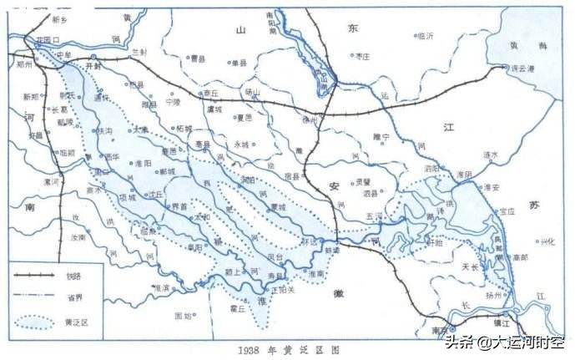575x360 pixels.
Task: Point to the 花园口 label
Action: (x=48, y=39)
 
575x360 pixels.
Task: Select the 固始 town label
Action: (x=184, y=315)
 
